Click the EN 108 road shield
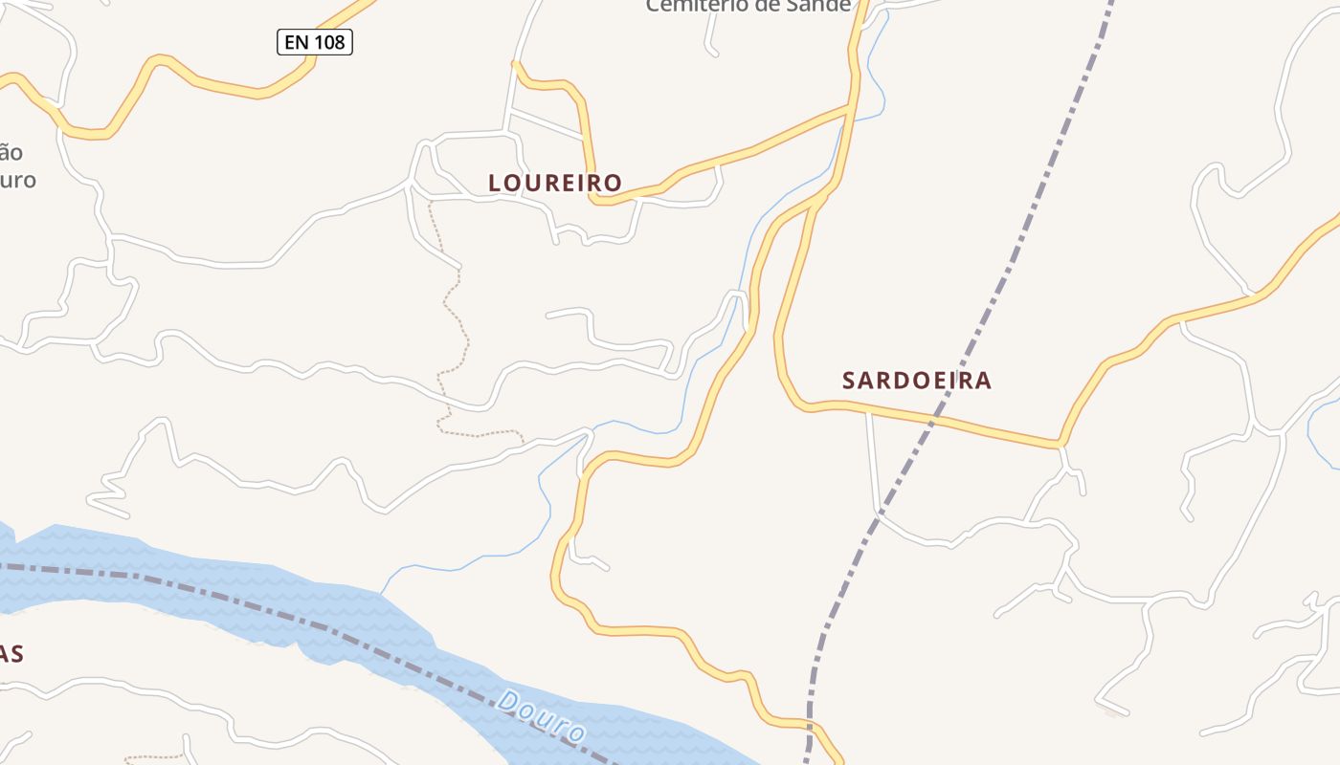(315, 42)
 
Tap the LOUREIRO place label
(555, 183)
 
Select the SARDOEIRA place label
(916, 381)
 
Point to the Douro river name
(542, 717)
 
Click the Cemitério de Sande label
(748, 7)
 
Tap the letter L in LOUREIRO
(495, 183)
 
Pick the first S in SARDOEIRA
(849, 381)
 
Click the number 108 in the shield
(327, 42)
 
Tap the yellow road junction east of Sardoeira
(1060, 445)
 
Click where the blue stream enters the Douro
(382, 593)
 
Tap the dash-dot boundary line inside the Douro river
(239, 599)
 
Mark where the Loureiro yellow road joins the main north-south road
(850, 108)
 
